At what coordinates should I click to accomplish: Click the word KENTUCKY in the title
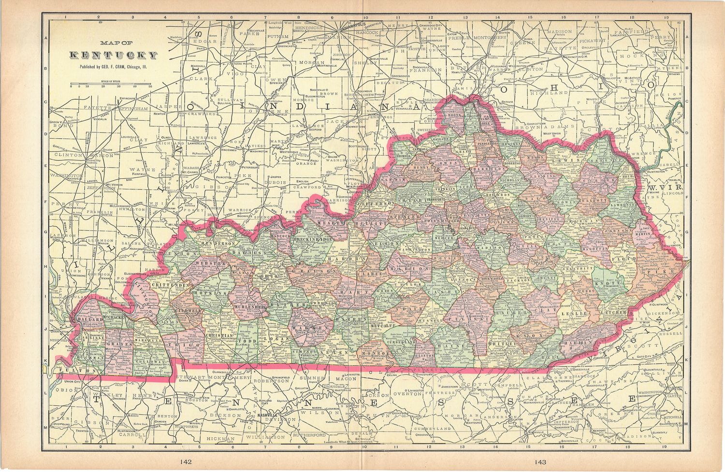coord(114,56)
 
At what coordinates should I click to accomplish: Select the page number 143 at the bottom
coord(540,462)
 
